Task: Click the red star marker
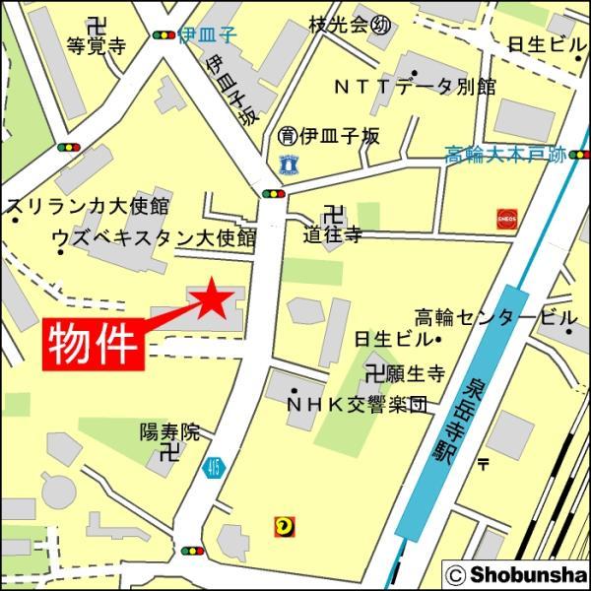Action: [x=213, y=298]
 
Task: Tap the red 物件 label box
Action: [x=94, y=345]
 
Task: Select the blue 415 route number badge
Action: [x=213, y=469]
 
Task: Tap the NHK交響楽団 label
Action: [x=357, y=403]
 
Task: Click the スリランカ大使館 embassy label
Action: [x=88, y=207]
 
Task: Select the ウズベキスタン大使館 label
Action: [x=153, y=237]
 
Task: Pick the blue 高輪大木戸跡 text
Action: [x=505, y=155]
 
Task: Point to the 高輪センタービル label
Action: [x=494, y=317]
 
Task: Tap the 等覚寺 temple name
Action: [x=95, y=45]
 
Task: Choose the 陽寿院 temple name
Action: [x=168, y=430]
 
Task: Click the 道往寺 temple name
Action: [x=332, y=233]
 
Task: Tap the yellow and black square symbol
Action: [x=283, y=527]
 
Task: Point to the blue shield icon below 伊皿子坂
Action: [x=288, y=162]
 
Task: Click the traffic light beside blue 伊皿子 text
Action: [x=164, y=35]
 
